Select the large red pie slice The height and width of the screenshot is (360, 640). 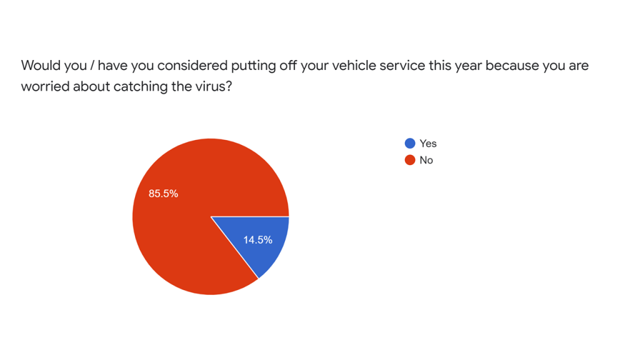[x=187, y=231]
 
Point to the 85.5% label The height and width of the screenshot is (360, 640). [x=163, y=194]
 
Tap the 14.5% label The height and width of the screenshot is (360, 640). [x=257, y=240]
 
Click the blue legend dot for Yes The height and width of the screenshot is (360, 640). [x=410, y=144]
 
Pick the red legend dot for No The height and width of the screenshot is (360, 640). [x=410, y=160]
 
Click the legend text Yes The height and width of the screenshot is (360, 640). [x=428, y=144]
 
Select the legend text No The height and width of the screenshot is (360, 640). [x=426, y=160]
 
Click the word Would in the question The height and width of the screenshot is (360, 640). [x=39, y=66]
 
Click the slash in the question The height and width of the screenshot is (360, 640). [x=92, y=66]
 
